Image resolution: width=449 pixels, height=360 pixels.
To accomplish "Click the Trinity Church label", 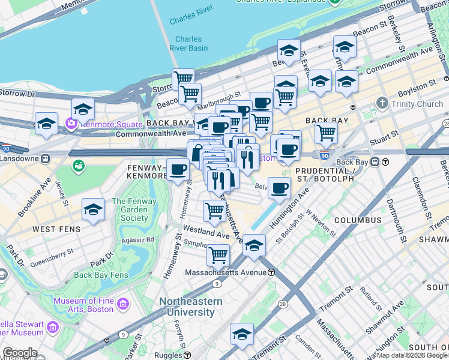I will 413,104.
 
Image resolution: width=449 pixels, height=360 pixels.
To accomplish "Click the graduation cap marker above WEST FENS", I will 93,209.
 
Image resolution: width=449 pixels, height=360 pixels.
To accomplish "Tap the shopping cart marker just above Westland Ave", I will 215,211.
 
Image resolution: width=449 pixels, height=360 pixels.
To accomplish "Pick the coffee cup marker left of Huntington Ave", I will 279,189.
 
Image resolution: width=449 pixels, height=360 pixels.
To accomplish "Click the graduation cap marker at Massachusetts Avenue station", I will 255,245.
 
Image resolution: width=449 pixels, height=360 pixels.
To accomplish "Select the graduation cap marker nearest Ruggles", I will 242,334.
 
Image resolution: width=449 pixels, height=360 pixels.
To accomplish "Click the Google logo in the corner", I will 19,353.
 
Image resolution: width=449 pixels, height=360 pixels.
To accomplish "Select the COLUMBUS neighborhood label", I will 358,220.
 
